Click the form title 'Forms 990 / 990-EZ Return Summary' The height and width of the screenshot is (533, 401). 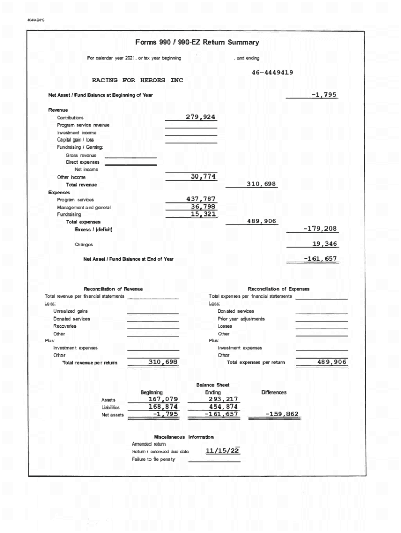197,42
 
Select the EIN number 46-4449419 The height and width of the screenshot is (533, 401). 265,73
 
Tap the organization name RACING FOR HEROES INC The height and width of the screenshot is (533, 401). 137,81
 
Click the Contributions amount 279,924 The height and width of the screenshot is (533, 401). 200,117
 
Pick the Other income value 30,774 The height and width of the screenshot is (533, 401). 200,177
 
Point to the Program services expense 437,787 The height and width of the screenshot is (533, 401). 200,199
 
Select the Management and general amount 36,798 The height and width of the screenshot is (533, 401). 203,207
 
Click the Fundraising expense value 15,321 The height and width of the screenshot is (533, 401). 203,214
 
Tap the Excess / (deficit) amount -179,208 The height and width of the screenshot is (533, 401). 320,229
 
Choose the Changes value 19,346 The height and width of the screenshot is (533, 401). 324,244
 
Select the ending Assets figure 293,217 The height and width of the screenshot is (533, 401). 221,399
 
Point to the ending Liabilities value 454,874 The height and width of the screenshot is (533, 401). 221,407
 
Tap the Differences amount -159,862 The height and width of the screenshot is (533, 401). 282,414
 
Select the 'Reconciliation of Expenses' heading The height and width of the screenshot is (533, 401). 278,289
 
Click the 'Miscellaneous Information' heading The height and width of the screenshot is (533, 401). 184,437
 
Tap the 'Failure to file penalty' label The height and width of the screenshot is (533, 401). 154,459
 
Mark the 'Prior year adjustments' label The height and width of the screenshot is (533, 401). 241,319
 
